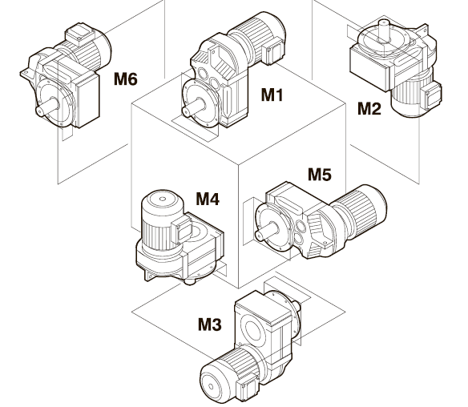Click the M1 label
click(272, 95)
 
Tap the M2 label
click(369, 109)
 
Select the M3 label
click(210, 324)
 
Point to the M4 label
click(208, 199)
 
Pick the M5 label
click(320, 175)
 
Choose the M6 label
click(126, 79)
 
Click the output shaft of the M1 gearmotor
click(194, 107)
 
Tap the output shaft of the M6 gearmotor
click(47, 107)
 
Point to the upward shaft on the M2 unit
click(384, 30)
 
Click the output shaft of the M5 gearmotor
click(267, 231)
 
